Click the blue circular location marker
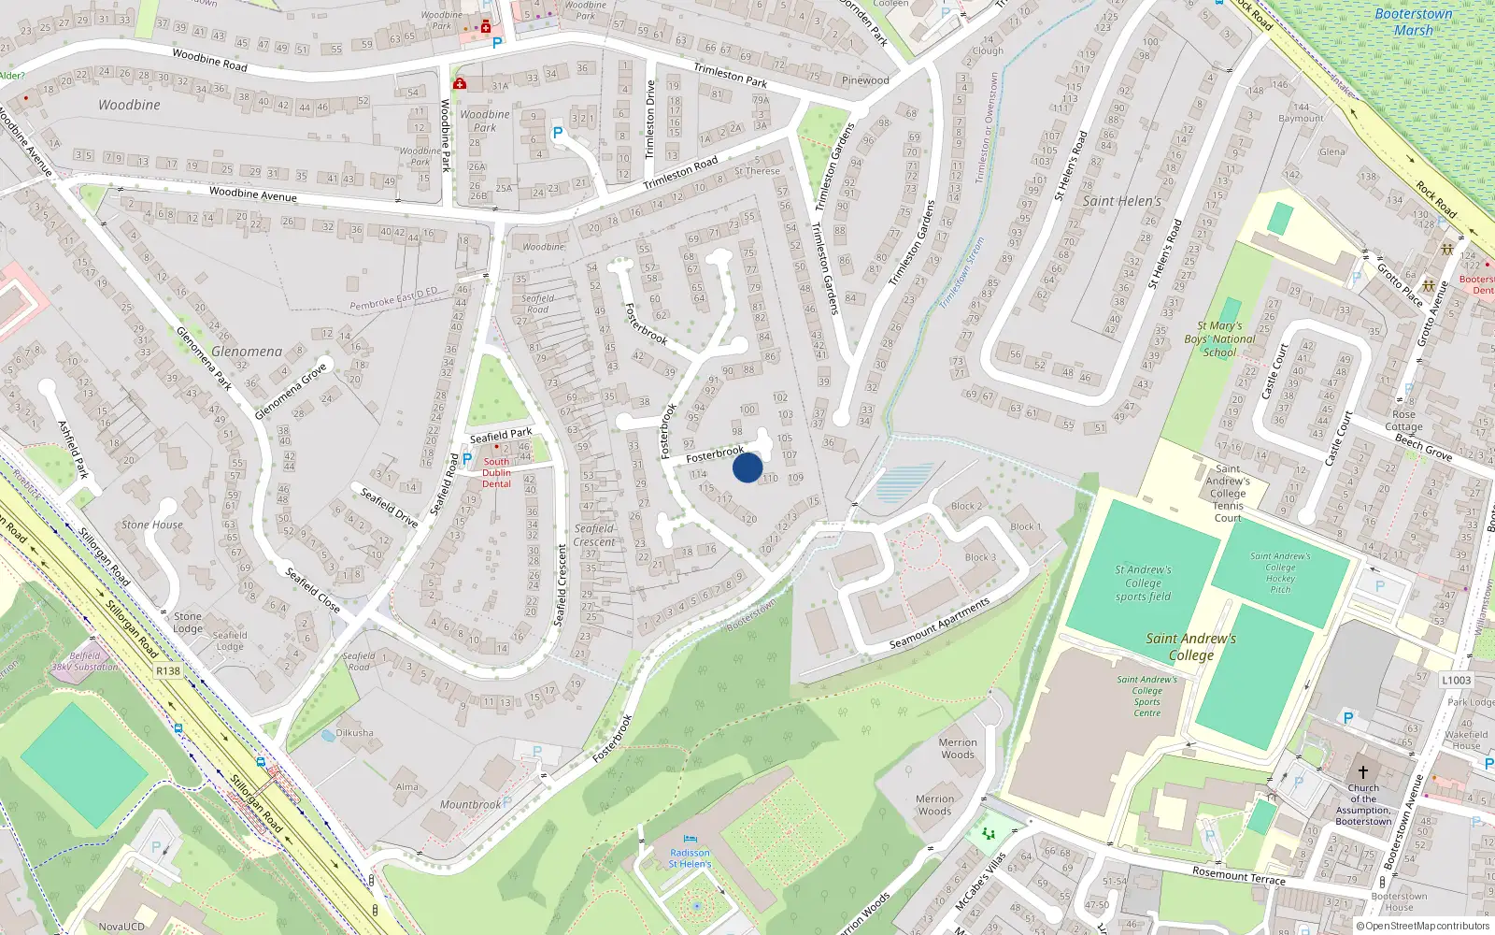pyautogui.click(x=747, y=467)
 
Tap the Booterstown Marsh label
pyautogui.click(x=1414, y=22)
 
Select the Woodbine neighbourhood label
pyautogui.click(x=129, y=105)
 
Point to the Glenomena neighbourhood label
pyautogui.click(x=246, y=352)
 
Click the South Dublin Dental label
pyautogui.click(x=496, y=472)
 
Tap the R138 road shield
pyautogui.click(x=168, y=671)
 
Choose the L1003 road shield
pyautogui.click(x=1456, y=681)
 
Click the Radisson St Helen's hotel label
pyautogui.click(x=690, y=858)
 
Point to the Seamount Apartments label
pyautogui.click(x=939, y=625)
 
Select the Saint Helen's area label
pyautogui.click(x=1121, y=201)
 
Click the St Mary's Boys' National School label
pyautogui.click(x=1219, y=339)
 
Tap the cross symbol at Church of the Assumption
pyautogui.click(x=1362, y=772)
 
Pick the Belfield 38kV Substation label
pyautogui.click(x=84, y=662)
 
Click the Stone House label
pyautogui.click(x=152, y=525)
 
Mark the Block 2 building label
pyautogui.click(x=966, y=507)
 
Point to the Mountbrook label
pyautogui.click(x=470, y=804)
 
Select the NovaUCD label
pyautogui.click(x=121, y=927)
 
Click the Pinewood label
pyautogui.click(x=865, y=80)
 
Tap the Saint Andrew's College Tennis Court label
pyautogui.click(x=1228, y=494)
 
